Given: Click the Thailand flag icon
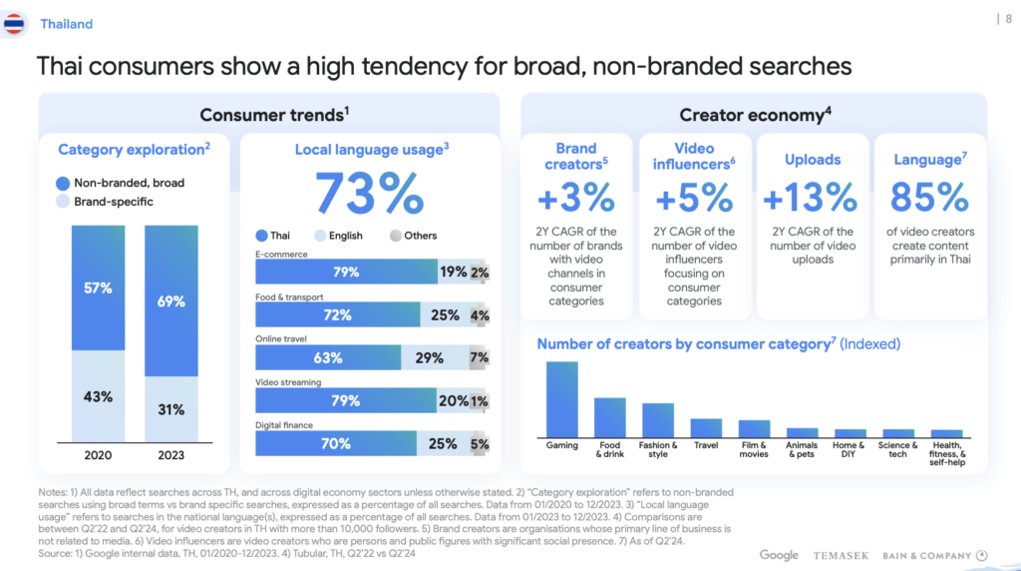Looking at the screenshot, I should [x=15, y=23].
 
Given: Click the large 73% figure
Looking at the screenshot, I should [x=370, y=194].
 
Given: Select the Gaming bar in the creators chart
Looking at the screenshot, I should [x=562, y=398].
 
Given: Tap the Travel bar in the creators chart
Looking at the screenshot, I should [x=706, y=427].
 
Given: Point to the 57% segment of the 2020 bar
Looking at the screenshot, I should [x=98, y=287].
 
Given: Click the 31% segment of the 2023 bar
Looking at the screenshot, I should [x=171, y=409].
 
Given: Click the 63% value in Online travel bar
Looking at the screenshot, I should [x=328, y=357].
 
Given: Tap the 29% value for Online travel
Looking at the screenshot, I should [x=429, y=357].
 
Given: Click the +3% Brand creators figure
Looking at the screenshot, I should [x=576, y=197].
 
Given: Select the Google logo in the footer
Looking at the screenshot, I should [x=779, y=555].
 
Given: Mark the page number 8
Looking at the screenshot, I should [x=1006, y=18].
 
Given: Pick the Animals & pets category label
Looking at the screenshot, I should [x=803, y=449].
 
